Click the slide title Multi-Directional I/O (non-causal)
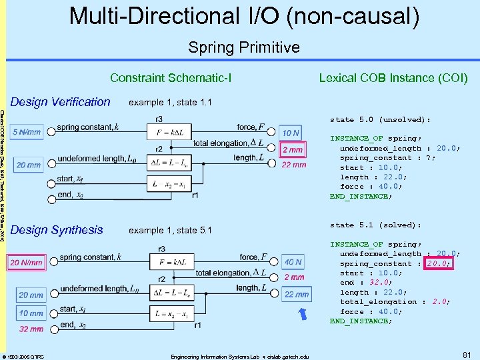point(244,16)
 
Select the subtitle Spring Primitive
point(243,47)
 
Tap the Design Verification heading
point(61,102)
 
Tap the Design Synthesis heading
point(57,230)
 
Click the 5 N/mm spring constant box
point(27,132)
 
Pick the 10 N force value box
point(290,133)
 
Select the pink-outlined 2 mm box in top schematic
point(293,150)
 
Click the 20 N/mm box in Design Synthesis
point(27,263)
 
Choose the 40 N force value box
point(293,263)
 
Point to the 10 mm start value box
point(31,313)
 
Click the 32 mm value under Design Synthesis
point(31,329)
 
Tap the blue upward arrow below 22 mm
point(304,313)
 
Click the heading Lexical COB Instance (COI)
point(393,78)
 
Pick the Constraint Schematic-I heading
point(171,78)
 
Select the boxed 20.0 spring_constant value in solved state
point(438,263)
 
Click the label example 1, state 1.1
point(170,103)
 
